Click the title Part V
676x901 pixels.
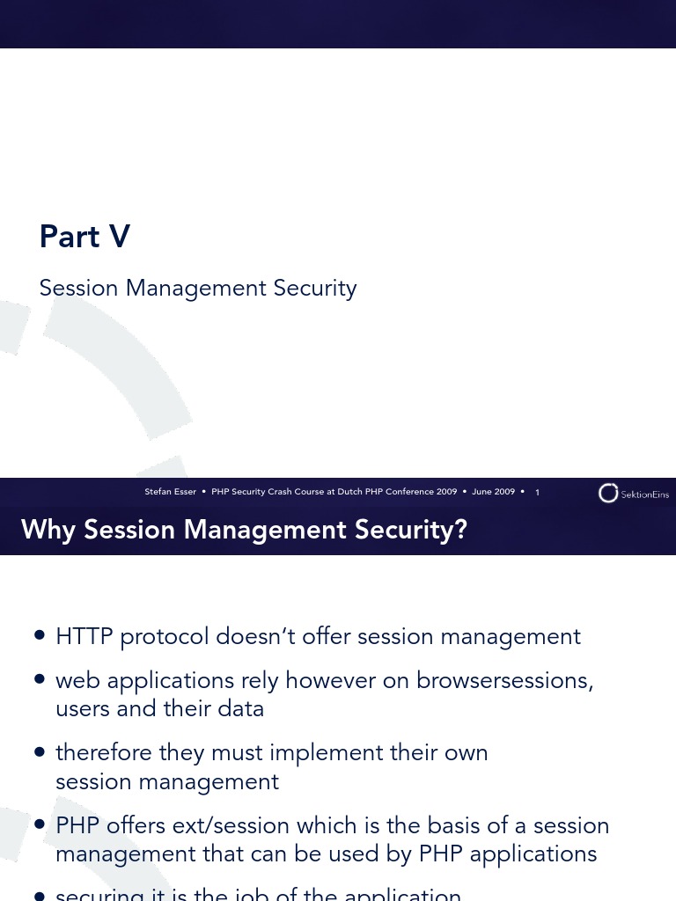tap(84, 237)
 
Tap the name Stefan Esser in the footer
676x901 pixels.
tap(171, 492)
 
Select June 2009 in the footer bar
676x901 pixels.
tap(493, 492)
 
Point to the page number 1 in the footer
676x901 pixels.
tap(537, 493)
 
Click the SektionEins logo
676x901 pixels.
tap(633, 494)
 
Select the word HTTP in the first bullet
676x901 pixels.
tap(84, 636)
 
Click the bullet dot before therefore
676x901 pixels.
tap(39, 753)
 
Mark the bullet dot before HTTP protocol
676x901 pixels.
tap(39, 636)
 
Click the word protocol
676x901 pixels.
tap(166, 637)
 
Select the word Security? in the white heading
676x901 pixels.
tap(414, 530)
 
